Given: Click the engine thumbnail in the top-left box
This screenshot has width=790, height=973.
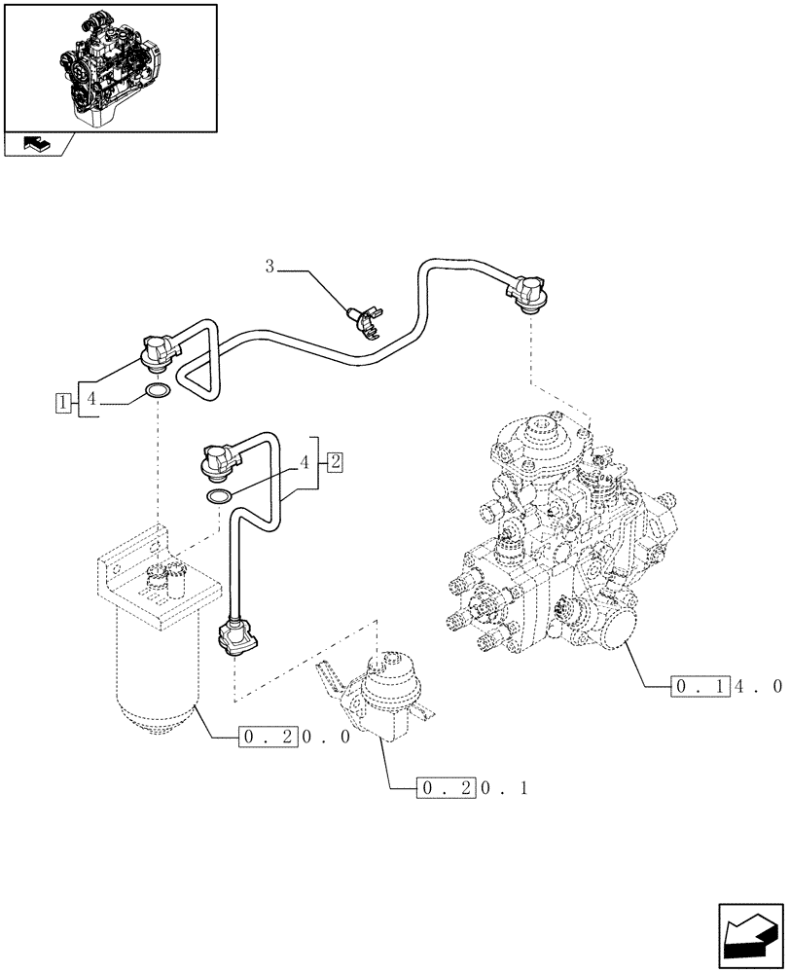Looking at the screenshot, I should (x=110, y=67).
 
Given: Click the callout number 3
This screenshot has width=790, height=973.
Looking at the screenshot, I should (x=271, y=266).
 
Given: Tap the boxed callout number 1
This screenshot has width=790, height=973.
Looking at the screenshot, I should (x=62, y=401).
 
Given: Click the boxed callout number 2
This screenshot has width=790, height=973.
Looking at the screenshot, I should (x=334, y=461).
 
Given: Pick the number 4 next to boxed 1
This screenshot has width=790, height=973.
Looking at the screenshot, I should (x=90, y=400).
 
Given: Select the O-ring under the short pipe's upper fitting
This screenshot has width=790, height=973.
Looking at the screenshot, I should (x=219, y=498).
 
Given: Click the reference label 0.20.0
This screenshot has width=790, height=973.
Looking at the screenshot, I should (x=293, y=738).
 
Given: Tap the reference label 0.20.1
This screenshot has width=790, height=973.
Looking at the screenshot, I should (x=471, y=787).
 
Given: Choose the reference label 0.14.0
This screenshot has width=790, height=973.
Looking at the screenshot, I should (x=726, y=686).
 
